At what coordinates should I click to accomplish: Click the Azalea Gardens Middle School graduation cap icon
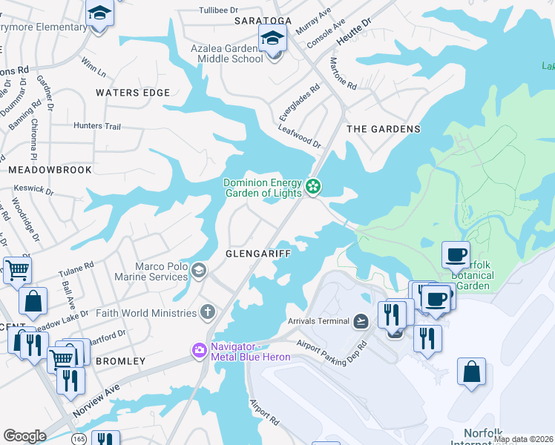point(272,39)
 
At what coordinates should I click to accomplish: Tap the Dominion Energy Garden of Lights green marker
point(314,186)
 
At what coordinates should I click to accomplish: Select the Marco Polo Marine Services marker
point(198,270)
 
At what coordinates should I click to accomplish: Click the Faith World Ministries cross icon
point(208,312)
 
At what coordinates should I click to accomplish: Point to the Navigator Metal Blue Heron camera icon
point(199,351)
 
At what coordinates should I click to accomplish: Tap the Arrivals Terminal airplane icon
point(361,320)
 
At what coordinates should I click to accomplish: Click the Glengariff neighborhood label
point(257,253)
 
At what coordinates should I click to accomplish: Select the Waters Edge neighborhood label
point(133,93)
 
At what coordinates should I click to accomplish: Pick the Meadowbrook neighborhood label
point(50,170)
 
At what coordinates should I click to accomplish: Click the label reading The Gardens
point(384,129)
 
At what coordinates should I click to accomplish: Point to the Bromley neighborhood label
point(119,361)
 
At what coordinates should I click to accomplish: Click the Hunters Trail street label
point(97,127)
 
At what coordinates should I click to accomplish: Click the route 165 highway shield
point(78,439)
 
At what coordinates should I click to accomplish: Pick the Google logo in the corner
point(25,435)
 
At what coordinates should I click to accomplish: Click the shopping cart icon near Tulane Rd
point(16,271)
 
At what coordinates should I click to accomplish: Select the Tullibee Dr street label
point(216,10)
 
